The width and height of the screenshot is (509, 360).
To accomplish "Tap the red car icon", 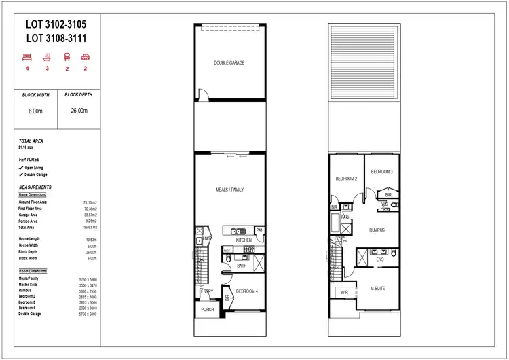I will pos(86,58).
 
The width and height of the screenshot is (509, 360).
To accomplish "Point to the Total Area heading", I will pos(31,141).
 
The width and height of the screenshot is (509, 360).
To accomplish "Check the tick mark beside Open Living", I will pos(21,167).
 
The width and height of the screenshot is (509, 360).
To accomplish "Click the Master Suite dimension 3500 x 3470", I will pos(89,285).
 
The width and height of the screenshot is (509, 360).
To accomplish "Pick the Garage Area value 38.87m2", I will pos(90,215).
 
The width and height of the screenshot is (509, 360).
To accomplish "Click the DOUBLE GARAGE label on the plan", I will pos(229,63).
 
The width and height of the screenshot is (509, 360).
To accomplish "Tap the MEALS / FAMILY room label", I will pos(229,190).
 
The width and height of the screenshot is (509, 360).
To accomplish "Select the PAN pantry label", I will pos(259,231).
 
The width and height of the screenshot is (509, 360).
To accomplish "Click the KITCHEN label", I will pos(244,240).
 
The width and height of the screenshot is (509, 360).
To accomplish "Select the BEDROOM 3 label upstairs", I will pos(381,172).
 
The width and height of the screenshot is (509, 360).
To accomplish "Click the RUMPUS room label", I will pos(377,230).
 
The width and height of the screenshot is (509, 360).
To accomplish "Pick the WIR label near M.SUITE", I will pos(344,293).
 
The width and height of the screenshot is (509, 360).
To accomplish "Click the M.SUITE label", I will pos(377,289).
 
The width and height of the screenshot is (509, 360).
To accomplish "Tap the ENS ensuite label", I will pos(380,259).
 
